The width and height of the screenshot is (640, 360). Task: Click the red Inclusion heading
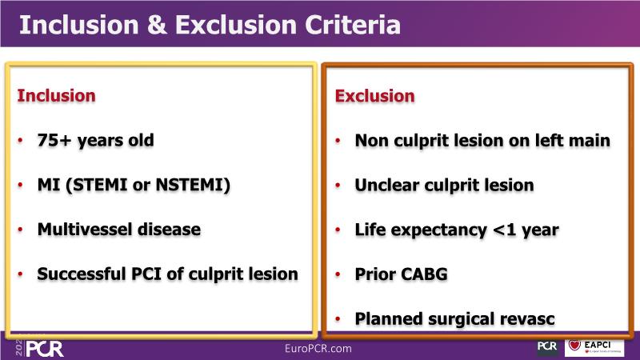[x=56, y=96]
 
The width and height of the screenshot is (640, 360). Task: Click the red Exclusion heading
[x=374, y=96]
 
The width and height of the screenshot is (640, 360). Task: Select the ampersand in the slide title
[x=157, y=25]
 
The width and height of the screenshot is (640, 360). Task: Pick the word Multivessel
[x=85, y=230]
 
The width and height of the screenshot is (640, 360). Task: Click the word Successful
[x=82, y=274]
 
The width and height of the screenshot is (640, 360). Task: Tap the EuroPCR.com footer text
[x=318, y=349]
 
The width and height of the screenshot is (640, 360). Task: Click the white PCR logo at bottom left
[x=45, y=349]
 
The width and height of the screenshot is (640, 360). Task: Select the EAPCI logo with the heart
[x=594, y=348]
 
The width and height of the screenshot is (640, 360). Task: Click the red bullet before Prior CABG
[x=338, y=274]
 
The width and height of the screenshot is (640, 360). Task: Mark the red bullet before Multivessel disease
[x=20, y=230]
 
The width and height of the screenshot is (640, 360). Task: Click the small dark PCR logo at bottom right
[x=547, y=347]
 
